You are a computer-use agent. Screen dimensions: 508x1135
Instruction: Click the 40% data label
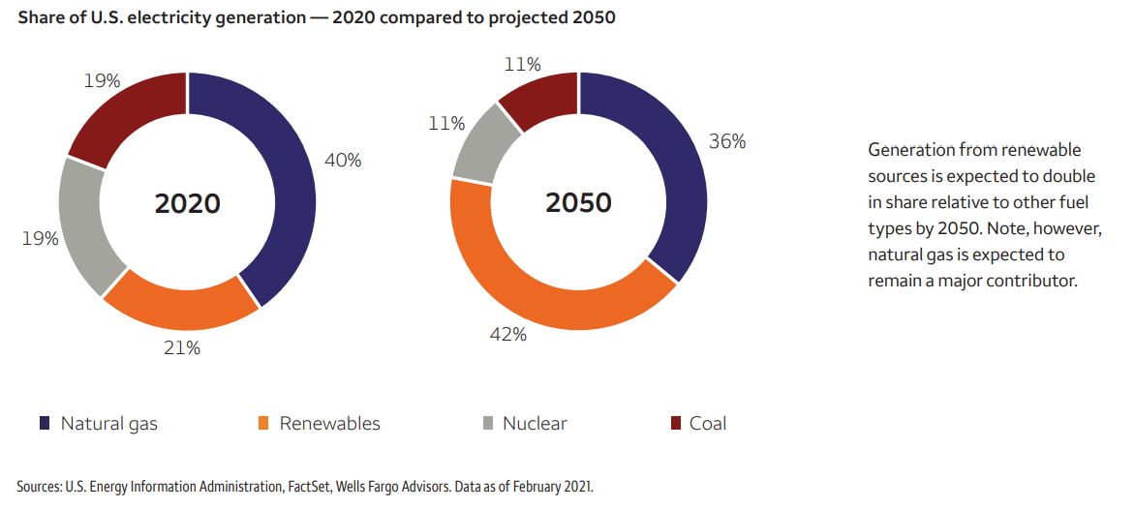[342, 161]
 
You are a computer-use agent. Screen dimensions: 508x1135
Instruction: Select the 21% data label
[181, 347]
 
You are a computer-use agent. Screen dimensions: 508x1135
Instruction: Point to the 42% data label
[507, 335]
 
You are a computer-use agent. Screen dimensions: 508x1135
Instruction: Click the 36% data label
[727, 141]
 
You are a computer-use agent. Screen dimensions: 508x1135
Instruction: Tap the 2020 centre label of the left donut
[188, 204]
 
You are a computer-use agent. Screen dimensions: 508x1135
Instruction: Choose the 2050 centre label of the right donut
[578, 203]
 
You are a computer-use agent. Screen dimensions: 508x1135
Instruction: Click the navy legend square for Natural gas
[45, 424]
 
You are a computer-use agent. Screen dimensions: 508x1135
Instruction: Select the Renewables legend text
[329, 424]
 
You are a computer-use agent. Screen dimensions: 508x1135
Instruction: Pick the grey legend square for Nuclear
[487, 424]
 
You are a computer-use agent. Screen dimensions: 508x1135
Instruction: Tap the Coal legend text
[708, 424]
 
